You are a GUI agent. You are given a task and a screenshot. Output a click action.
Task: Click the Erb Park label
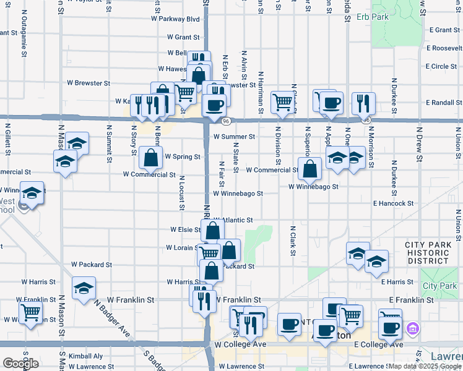[373, 17]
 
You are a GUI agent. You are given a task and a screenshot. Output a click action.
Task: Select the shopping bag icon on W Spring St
[150, 158]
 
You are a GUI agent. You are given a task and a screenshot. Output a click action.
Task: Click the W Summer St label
[234, 137]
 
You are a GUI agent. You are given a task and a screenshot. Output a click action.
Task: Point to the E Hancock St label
[393, 203]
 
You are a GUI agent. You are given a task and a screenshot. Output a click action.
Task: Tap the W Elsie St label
[186, 229]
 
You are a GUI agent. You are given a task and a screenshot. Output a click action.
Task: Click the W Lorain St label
[182, 247]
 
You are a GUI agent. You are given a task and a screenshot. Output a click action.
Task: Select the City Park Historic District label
[428, 253]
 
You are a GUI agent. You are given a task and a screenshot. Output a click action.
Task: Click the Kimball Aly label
[85, 356]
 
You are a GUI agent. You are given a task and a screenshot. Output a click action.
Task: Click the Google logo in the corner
[20, 364]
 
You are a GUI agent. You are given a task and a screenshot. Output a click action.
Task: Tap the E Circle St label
[441, 66]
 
